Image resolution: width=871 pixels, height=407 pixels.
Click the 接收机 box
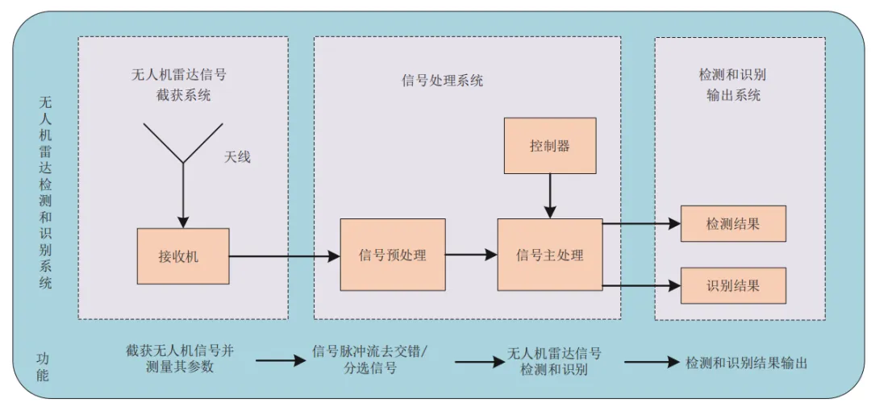(183, 256)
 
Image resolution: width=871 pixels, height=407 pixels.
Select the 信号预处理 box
(393, 255)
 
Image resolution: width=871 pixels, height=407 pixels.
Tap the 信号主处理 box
(550, 255)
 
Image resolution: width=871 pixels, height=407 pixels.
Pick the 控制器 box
(550, 146)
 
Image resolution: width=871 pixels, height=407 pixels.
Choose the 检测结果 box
(733, 224)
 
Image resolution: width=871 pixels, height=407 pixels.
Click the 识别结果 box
(733, 286)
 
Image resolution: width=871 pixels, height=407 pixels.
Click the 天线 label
(237, 158)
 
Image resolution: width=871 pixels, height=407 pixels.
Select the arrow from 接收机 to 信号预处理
(285, 256)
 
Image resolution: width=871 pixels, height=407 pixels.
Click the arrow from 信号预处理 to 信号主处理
(471, 255)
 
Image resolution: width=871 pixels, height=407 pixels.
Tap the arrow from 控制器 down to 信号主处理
(550, 196)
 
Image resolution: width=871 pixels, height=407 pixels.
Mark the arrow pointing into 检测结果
(642, 224)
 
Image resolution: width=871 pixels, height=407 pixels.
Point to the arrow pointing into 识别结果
(642, 286)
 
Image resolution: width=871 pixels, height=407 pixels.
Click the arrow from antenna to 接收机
(183, 196)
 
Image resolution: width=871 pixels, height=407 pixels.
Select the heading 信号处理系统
(442, 81)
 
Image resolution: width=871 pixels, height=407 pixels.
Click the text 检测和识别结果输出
(747, 363)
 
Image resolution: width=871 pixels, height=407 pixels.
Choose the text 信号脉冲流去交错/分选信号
(369, 359)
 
